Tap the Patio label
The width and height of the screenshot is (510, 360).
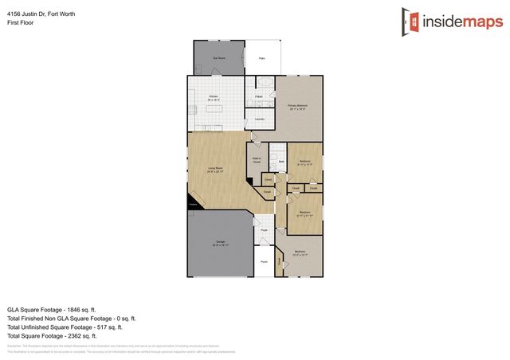[261, 58]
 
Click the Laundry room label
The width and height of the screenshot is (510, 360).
[260, 119]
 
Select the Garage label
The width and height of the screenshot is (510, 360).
[220, 245]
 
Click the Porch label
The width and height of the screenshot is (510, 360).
[263, 260]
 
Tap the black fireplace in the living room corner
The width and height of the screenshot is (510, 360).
[193, 205]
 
